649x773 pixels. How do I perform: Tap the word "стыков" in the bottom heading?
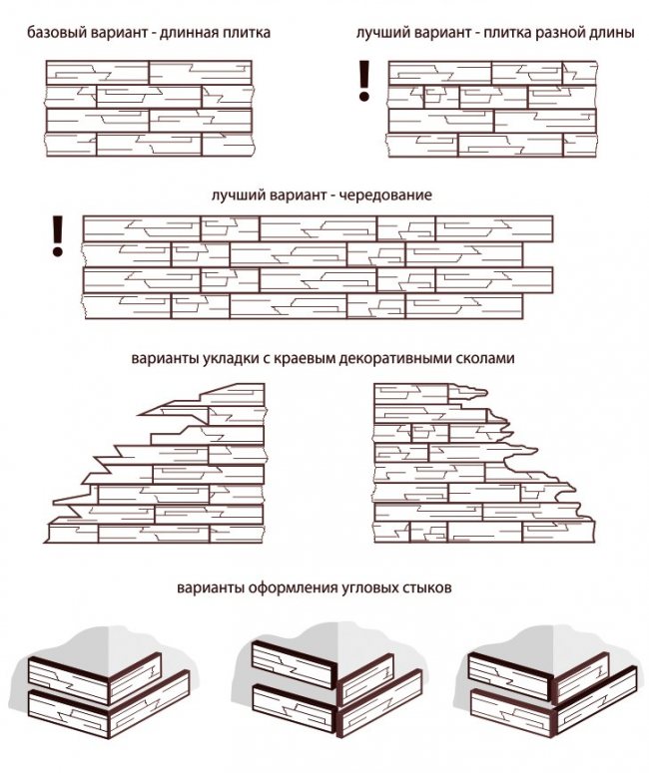(x=428, y=588)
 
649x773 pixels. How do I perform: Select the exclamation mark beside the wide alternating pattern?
(x=57, y=232)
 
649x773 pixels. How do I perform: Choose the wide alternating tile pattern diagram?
(x=318, y=264)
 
